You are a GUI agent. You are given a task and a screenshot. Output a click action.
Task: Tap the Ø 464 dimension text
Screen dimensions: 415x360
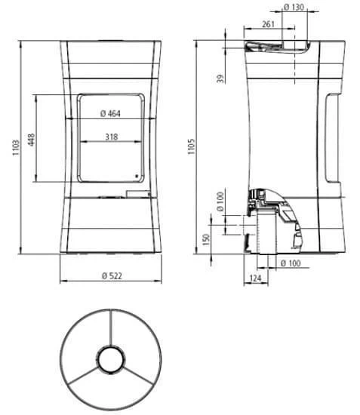point(110,114)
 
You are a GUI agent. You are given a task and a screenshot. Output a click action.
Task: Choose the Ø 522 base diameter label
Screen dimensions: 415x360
point(111,275)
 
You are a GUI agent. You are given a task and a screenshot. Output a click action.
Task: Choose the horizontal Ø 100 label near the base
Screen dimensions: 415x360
point(291,263)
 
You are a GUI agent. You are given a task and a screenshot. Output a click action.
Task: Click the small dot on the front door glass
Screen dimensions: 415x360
point(137,178)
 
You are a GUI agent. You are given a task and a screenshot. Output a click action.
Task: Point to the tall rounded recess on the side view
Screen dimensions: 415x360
point(334,140)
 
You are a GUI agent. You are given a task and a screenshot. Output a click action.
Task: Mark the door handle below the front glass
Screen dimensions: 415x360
point(138,194)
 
